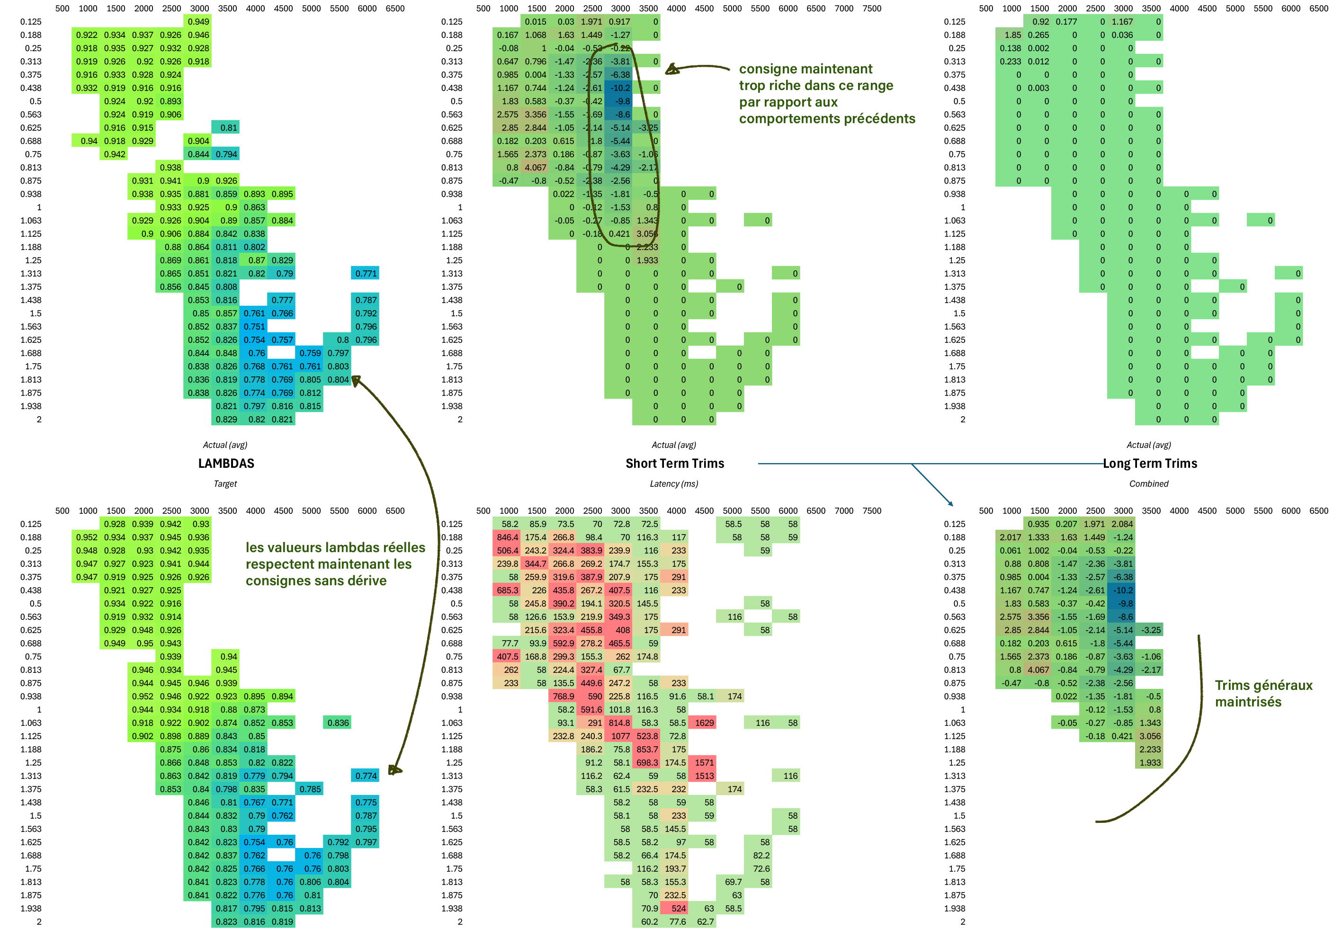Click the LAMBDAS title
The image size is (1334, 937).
226,463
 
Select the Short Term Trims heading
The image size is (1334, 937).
674,463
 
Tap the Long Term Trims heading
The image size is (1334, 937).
1150,463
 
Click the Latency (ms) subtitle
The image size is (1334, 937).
674,483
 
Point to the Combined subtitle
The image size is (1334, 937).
1149,483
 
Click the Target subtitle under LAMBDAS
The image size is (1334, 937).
225,483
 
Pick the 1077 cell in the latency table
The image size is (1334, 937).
619,736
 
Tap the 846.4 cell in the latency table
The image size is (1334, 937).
507,537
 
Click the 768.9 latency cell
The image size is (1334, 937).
563,696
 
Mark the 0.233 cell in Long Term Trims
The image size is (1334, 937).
1011,61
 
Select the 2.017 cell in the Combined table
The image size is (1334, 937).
1011,537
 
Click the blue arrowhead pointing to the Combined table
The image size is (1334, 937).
951,504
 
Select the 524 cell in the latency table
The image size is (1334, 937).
678,908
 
